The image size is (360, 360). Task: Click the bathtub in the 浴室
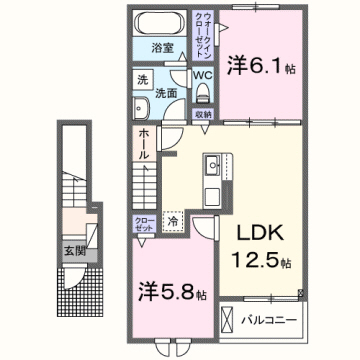[156, 24]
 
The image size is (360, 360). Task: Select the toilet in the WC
[202, 92]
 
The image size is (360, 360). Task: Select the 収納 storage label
[203, 113]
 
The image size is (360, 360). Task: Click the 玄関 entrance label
[74, 249]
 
